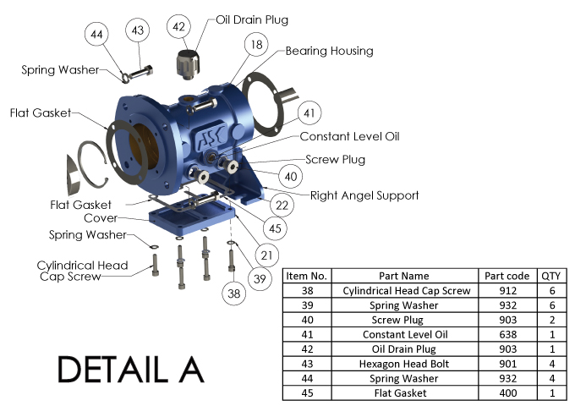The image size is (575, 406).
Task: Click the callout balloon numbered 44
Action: [x=97, y=35]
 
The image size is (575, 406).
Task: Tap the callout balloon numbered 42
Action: [x=178, y=27]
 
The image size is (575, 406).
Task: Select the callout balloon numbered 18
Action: [x=255, y=45]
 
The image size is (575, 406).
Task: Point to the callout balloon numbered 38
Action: [x=233, y=294]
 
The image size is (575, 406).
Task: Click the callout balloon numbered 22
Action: [x=282, y=205]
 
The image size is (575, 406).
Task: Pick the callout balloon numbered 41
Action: [x=309, y=112]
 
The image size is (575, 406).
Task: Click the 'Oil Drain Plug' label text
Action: [x=253, y=19]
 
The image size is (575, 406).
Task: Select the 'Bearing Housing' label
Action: [x=329, y=51]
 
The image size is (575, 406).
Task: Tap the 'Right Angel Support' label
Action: [x=364, y=195]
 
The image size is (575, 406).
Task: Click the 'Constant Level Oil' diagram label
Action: [x=350, y=136]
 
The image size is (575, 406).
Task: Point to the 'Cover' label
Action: [x=101, y=217]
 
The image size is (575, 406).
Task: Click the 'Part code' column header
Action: [x=507, y=276]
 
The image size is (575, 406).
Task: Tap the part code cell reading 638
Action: [x=507, y=334]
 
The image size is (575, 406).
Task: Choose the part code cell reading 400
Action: [x=507, y=392]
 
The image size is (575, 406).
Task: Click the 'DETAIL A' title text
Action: [x=131, y=370]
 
